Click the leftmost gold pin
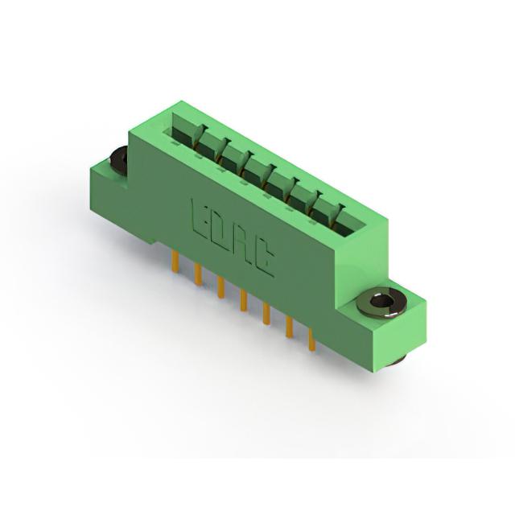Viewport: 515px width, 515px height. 175,259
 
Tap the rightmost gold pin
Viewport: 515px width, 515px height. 311,340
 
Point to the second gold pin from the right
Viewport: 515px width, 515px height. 290,327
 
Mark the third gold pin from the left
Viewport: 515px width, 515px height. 221,286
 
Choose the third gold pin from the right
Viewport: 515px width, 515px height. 266,313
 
